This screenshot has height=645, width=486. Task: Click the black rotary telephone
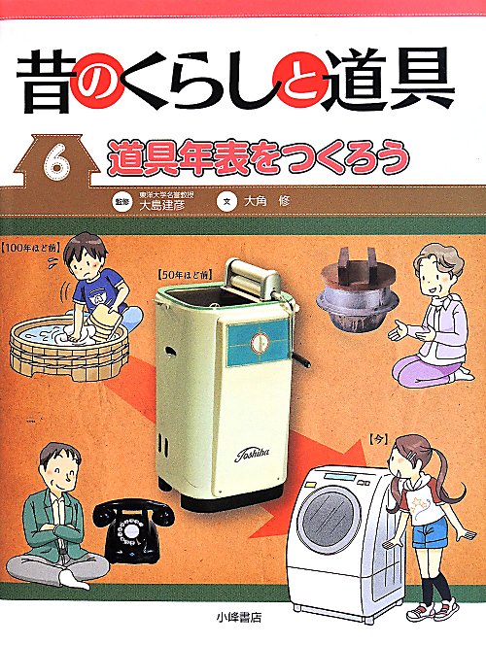[132, 529]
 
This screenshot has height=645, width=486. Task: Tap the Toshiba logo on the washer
[252, 454]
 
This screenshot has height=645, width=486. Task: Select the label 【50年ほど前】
[184, 276]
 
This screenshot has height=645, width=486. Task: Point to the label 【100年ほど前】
[32, 248]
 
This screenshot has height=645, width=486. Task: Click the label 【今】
[379, 439]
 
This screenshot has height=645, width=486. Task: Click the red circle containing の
[95, 81]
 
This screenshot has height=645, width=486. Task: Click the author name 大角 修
[266, 201]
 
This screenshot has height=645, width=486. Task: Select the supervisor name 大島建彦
[161, 204]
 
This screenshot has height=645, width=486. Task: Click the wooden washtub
[68, 348]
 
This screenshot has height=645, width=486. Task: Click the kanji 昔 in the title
[46, 82]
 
